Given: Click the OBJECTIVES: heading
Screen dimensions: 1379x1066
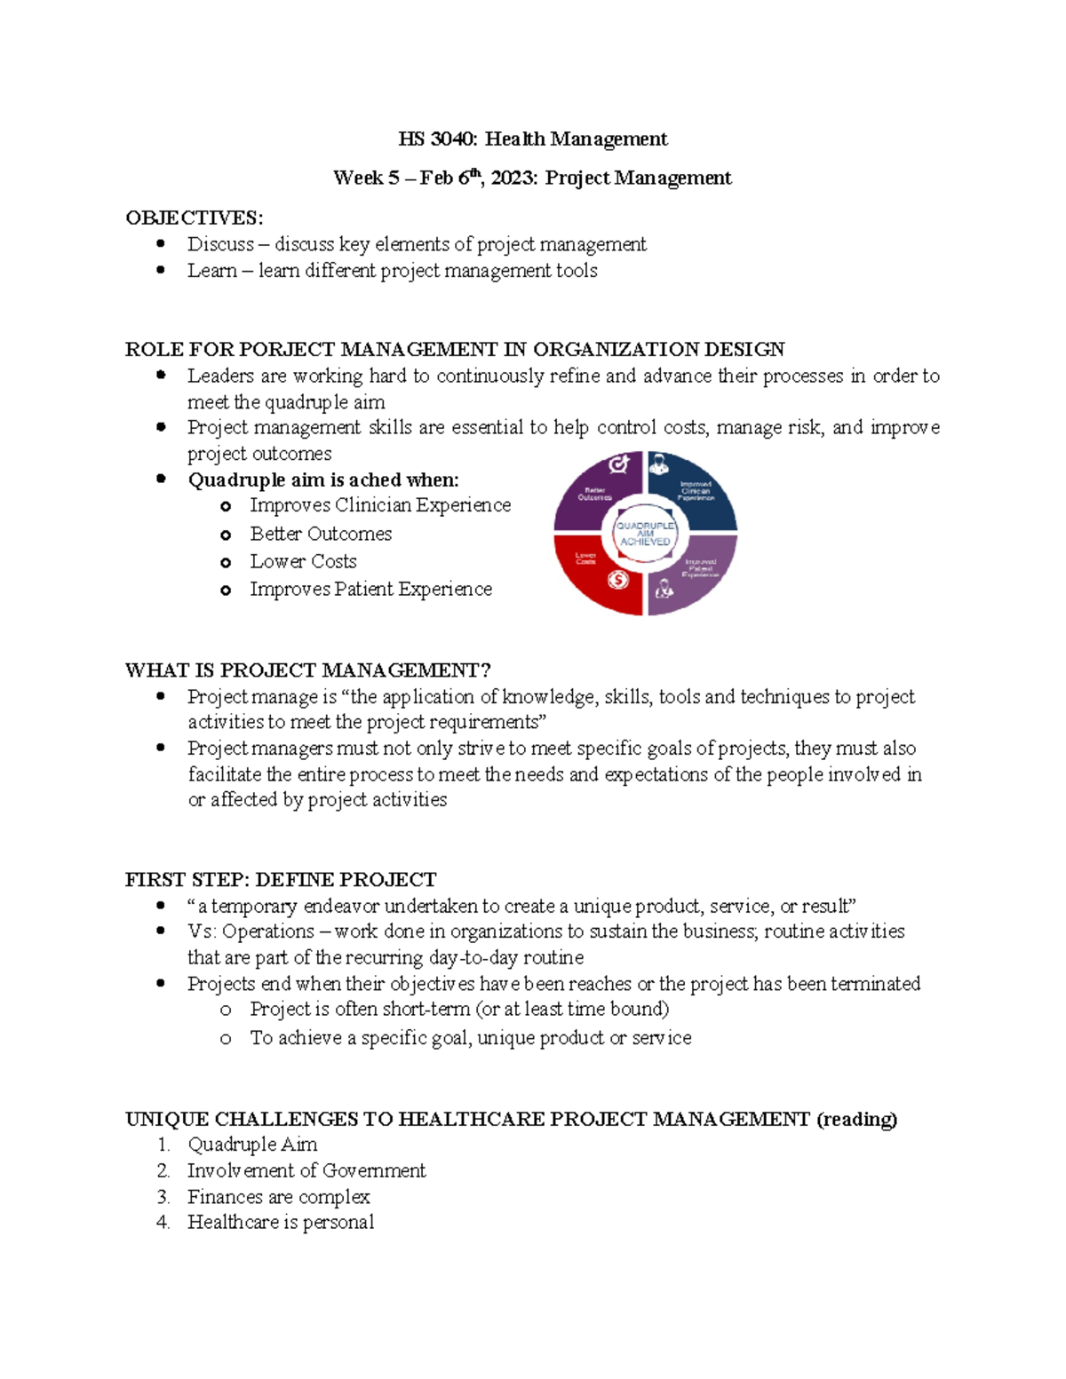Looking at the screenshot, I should (x=194, y=218).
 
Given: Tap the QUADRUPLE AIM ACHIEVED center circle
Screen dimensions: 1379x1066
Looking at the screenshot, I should (x=646, y=534).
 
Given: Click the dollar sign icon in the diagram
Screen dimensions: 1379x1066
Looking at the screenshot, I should (x=618, y=580).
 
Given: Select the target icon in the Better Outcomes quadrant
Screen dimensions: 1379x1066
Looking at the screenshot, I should (x=618, y=464).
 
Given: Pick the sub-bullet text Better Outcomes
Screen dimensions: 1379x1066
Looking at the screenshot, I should (x=321, y=534).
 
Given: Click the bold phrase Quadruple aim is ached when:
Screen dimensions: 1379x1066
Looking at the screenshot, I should (x=323, y=480).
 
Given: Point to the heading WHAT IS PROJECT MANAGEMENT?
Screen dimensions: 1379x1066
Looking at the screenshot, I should (x=307, y=670).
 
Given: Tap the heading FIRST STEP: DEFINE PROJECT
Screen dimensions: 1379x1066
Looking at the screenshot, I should (x=281, y=880).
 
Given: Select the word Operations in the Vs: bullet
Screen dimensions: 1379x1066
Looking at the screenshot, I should (x=268, y=931).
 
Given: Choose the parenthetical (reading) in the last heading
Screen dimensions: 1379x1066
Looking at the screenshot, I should (x=856, y=1119).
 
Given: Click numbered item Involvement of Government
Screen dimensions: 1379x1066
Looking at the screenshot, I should (x=306, y=1170).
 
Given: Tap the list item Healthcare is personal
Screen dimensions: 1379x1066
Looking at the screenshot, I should (x=281, y=1223).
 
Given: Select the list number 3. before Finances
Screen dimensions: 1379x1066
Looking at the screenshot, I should (x=163, y=1197).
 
